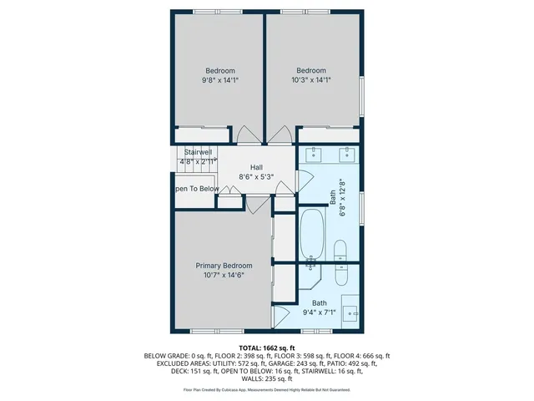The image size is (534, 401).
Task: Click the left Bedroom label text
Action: [220, 70]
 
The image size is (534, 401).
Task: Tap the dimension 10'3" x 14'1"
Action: [311, 81]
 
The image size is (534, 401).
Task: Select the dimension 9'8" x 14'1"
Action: [220, 81]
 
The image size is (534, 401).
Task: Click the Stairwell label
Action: [198, 152]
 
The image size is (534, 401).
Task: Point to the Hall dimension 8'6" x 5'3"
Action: [256, 177]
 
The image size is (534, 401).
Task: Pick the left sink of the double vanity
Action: [314, 154]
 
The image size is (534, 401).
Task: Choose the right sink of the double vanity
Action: [346, 154]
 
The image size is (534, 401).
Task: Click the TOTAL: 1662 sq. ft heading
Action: [267, 347]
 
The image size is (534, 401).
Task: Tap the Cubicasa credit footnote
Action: [267, 389]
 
